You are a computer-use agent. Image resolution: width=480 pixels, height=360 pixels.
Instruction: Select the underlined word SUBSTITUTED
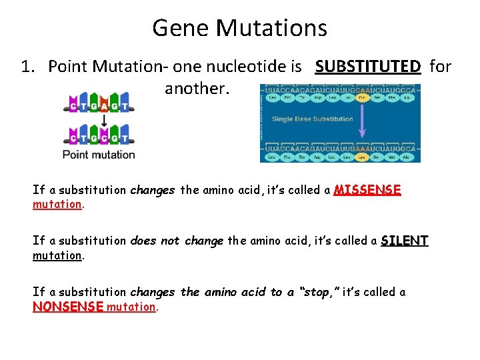tap(368, 67)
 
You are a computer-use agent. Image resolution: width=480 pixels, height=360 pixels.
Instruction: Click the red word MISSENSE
tap(367, 190)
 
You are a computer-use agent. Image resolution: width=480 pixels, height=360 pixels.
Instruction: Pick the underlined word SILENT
tap(405, 241)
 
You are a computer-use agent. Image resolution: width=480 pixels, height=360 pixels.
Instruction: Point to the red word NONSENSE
tap(68, 307)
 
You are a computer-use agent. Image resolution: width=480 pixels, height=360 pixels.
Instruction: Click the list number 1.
tap(26, 67)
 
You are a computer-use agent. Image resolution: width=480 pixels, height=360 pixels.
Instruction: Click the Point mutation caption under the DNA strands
tap(99, 155)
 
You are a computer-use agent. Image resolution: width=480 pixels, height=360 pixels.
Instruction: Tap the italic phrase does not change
tap(177, 241)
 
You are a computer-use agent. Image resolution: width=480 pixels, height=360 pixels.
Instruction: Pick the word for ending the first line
tap(440, 67)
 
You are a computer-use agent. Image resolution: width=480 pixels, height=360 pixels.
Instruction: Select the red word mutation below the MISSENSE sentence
tap(57, 204)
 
